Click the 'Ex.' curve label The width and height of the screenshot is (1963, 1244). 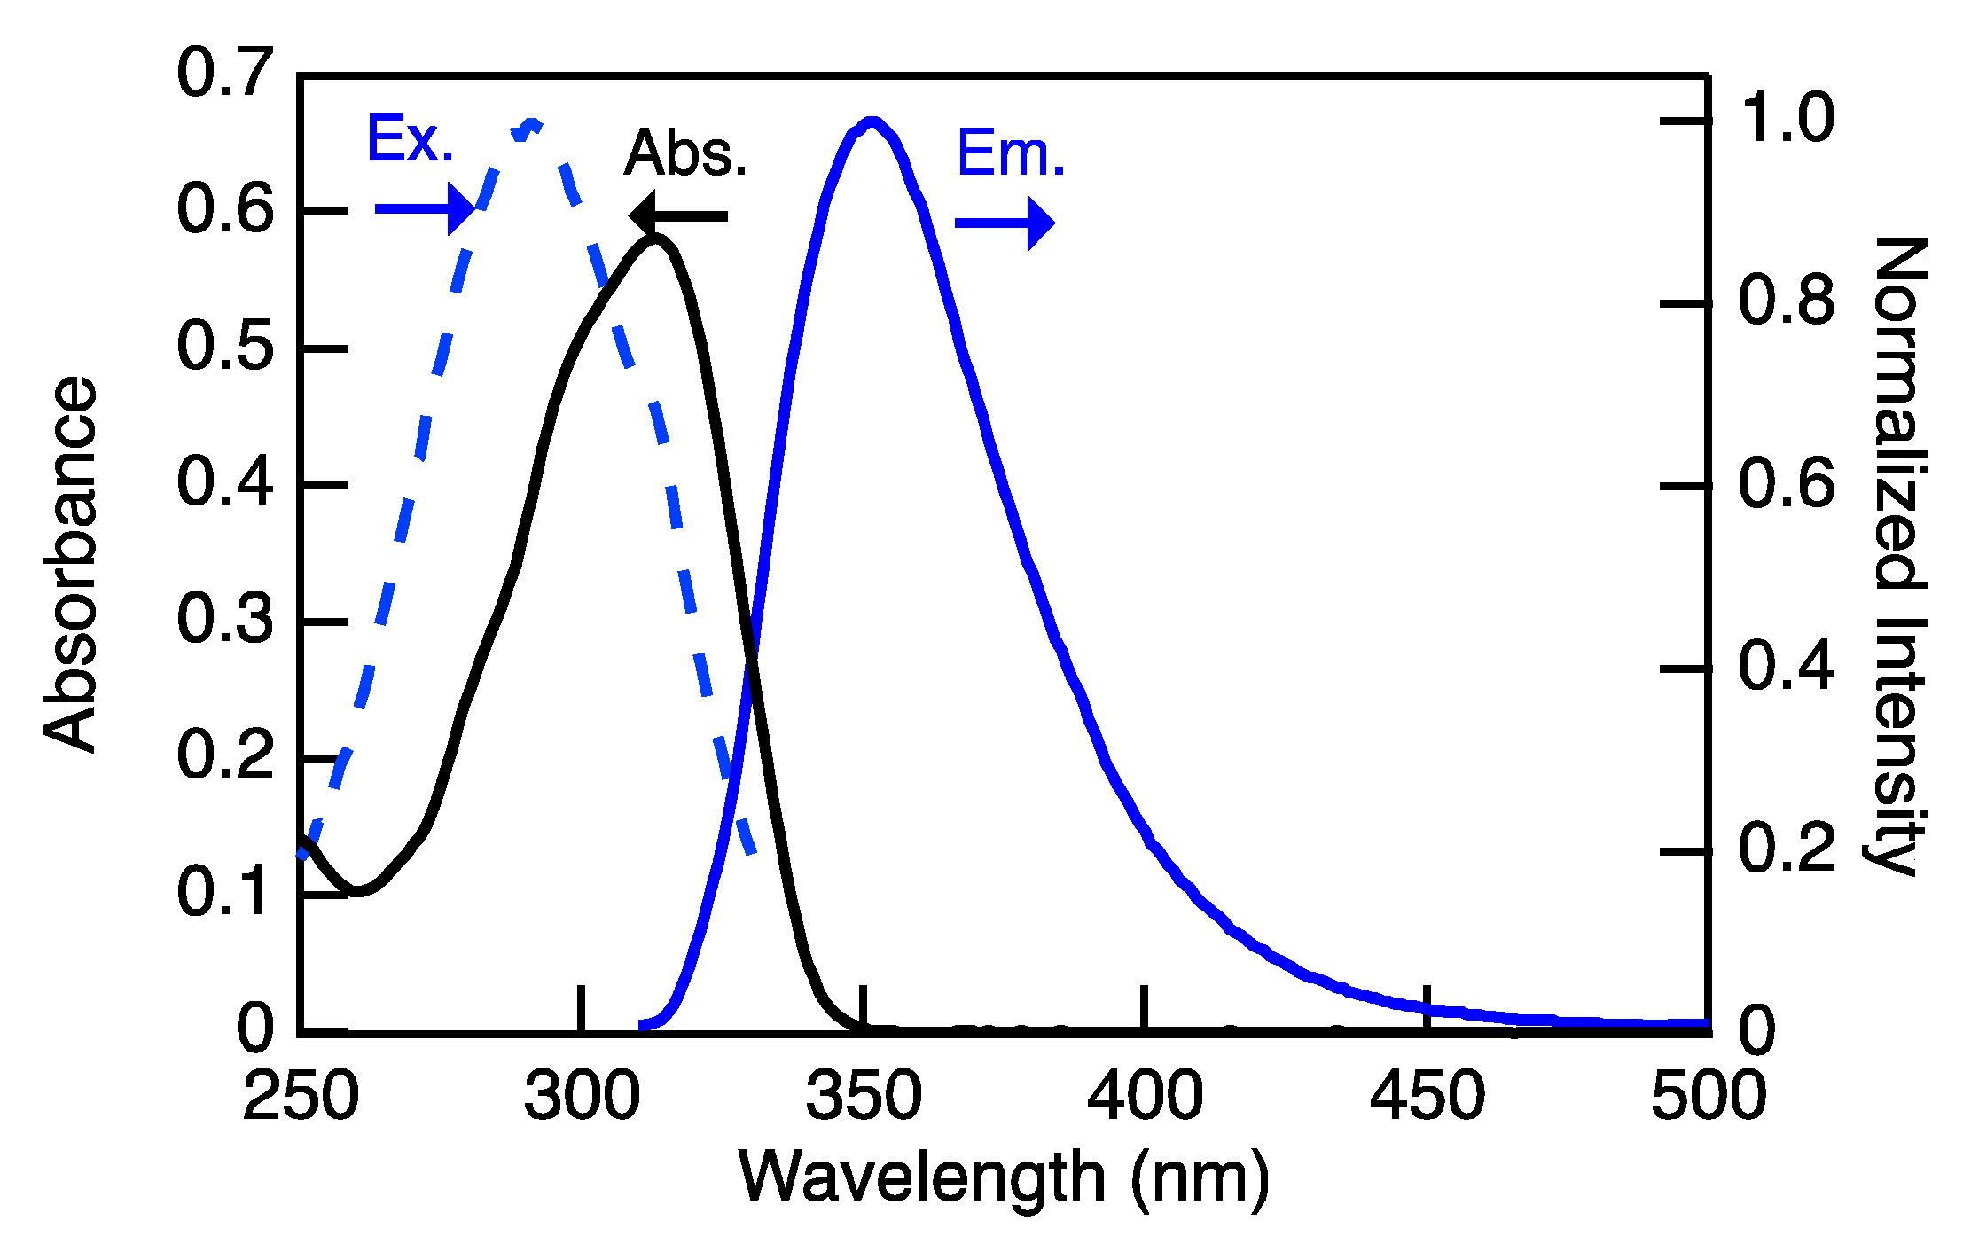[410, 139]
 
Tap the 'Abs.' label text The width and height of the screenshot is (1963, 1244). [685, 153]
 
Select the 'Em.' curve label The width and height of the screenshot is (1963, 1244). [1010, 153]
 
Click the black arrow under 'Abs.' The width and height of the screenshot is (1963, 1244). [678, 216]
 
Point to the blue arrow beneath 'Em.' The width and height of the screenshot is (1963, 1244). [1004, 223]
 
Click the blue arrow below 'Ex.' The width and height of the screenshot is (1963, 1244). [425, 209]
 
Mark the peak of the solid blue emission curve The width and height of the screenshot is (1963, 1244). [872, 121]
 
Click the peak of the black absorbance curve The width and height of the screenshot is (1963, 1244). [655, 238]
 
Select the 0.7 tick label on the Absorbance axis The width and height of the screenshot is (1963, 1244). [224, 74]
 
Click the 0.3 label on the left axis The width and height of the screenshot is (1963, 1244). [224, 620]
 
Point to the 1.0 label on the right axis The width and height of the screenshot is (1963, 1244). [1785, 119]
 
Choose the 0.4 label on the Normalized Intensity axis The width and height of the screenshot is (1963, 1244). [1785, 667]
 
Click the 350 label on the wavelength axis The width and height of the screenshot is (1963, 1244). [863, 1096]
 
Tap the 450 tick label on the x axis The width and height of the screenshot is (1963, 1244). [1427, 1096]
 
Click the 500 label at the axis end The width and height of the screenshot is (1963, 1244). [1708, 1096]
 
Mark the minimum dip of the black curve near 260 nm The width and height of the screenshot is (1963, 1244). [357, 890]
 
